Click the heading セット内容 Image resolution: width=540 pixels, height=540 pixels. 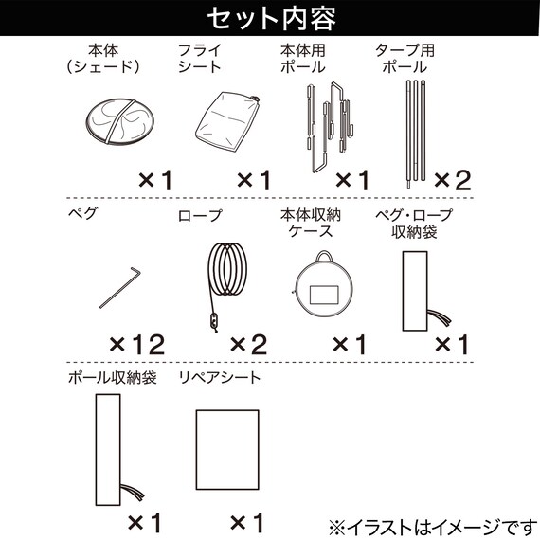[271, 18]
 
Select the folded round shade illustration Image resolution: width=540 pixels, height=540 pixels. [120, 122]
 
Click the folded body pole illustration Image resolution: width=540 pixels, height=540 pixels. [330, 127]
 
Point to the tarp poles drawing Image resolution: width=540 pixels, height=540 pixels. [416, 135]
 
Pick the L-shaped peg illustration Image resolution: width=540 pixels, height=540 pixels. [120, 288]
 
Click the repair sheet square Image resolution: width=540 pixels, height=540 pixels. [227, 449]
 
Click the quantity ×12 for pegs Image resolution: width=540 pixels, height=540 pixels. [137, 345]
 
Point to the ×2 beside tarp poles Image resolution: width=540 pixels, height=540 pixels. [452, 180]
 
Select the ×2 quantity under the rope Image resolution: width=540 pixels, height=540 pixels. [248, 345]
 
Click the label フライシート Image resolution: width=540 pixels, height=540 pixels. [200, 59]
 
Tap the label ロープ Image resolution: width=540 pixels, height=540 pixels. [200, 216]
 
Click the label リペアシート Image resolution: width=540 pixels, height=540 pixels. [220, 378]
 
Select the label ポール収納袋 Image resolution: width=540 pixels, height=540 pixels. [113, 378]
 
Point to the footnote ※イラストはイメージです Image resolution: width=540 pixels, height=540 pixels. [430, 527]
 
